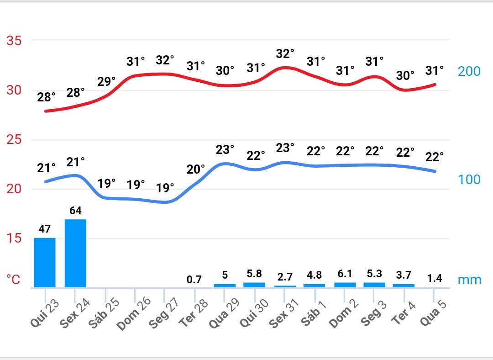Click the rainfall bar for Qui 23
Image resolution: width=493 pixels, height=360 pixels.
44,262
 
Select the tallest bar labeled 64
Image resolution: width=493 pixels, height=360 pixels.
75,253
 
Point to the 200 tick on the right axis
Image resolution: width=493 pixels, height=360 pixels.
469,72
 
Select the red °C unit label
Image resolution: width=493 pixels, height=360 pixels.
14,280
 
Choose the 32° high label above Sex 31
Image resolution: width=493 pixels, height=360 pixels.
285,54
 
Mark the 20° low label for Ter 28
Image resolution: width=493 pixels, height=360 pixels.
196,169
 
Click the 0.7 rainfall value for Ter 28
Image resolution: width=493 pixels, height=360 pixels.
194,280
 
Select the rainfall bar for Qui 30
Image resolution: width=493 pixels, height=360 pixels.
254,285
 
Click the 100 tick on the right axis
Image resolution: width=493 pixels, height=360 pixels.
469,180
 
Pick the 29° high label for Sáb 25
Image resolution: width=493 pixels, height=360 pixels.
107,82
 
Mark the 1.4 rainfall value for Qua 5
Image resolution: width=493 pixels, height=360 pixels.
434,278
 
